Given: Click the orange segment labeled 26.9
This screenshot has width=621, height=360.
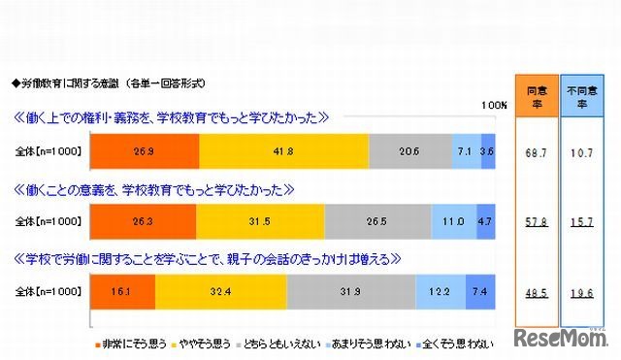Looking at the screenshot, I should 144,152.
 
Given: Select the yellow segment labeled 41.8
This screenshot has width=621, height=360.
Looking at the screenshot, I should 283,152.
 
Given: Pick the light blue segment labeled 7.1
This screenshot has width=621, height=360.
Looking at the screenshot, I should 466,152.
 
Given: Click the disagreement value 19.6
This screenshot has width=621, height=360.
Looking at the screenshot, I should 583,290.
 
